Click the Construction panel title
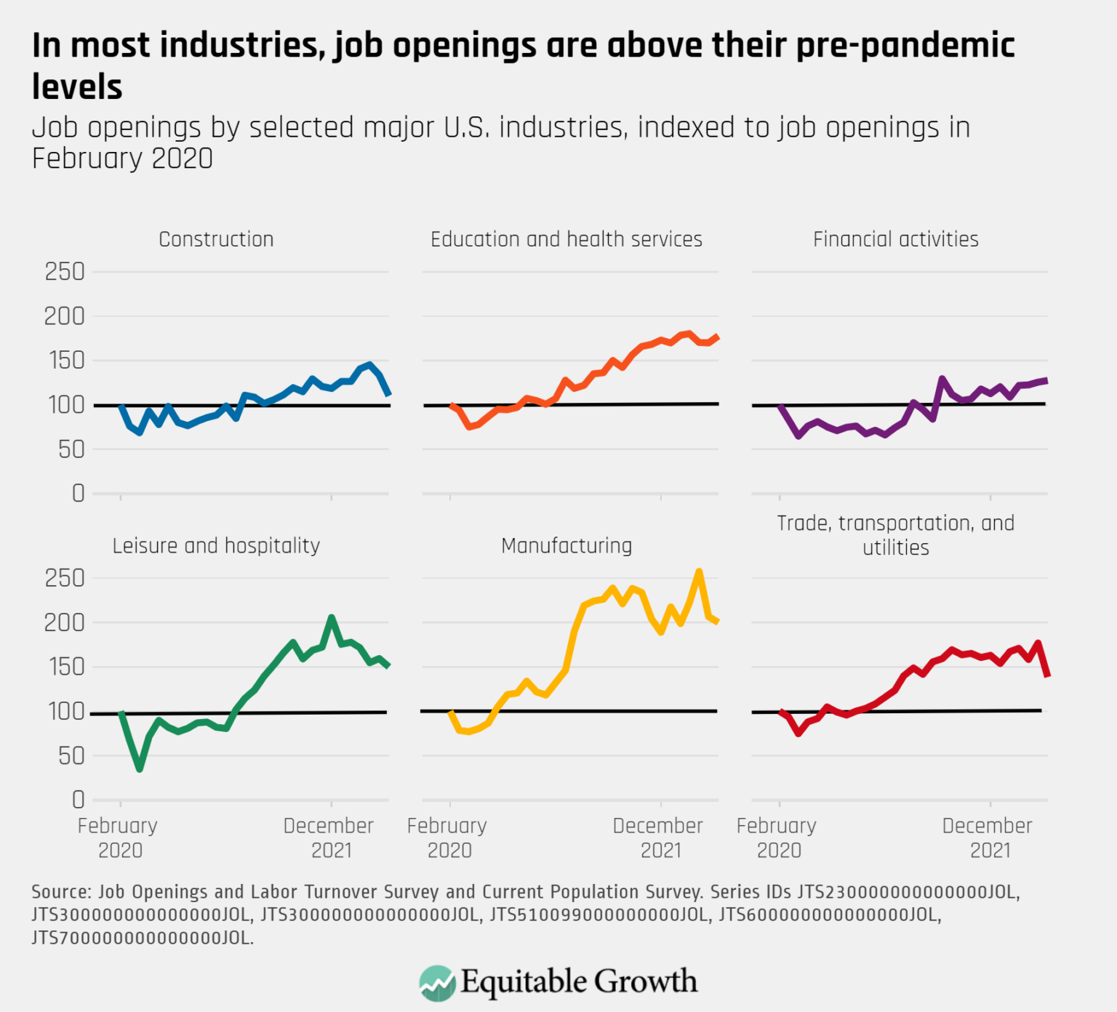216,239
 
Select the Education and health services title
566,239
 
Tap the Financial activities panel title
895,239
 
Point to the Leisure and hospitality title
216,546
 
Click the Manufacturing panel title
566,546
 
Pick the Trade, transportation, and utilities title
895,535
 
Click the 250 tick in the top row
65,272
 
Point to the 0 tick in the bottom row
78,800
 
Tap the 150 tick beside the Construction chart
65,361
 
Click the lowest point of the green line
140,768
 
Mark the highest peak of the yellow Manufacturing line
699,571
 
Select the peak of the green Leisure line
332,618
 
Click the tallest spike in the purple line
942,379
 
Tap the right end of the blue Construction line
389,394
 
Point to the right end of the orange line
717,337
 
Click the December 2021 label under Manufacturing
658,838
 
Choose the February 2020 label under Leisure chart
118,838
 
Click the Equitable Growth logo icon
438,983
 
